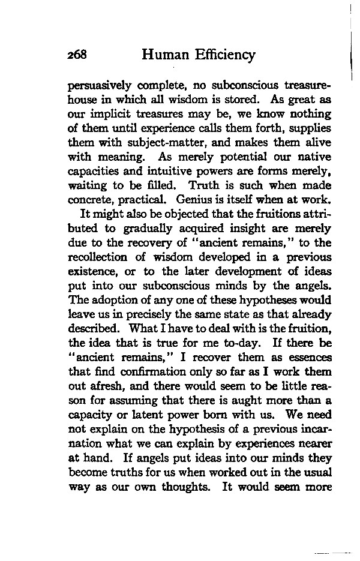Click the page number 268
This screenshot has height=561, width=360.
[x=79, y=56]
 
